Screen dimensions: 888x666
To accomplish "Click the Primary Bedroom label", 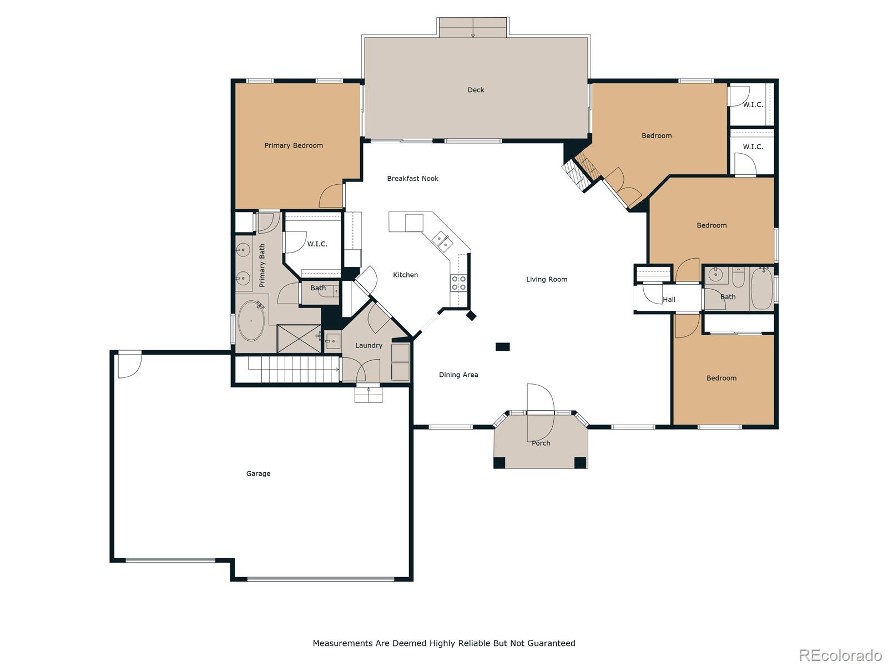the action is point(294,145).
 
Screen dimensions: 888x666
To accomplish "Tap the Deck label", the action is point(476,90).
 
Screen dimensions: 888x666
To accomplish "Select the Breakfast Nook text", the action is point(413,178).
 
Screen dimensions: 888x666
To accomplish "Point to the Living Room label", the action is point(547,279).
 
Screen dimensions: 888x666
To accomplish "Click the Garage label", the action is point(258,473).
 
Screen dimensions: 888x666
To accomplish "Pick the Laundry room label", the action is point(369,345).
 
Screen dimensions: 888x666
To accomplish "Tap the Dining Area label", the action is point(458,375).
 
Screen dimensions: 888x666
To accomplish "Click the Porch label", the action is point(541,443).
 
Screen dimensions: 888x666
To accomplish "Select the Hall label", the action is point(669,300).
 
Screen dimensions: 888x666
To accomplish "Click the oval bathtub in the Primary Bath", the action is point(251,321).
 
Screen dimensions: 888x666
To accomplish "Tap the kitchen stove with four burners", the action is point(459,282).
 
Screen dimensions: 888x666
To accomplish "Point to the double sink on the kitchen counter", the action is point(442,241).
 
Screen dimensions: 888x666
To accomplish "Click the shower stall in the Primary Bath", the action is point(299,339).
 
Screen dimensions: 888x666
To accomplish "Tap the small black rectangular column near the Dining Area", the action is point(502,346).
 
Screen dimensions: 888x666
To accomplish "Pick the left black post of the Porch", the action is point(499,463).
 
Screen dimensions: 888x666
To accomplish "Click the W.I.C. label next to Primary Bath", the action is point(317,244).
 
